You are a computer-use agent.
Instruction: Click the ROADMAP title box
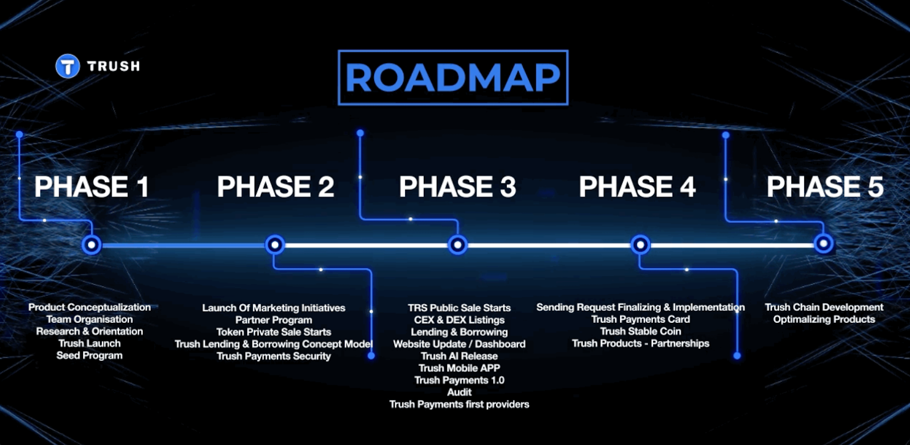pyautogui.click(x=453, y=77)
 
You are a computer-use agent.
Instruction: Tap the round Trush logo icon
pyautogui.click(x=68, y=66)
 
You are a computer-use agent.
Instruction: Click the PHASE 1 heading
pyautogui.click(x=92, y=186)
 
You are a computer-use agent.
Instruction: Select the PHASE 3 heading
pyautogui.click(x=457, y=186)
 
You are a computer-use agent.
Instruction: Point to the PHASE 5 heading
pyautogui.click(x=825, y=186)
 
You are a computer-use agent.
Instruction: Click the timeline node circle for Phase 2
pyautogui.click(x=275, y=245)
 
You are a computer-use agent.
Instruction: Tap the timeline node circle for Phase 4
pyautogui.click(x=640, y=245)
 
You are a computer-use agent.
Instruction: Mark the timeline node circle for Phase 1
pyautogui.click(x=92, y=245)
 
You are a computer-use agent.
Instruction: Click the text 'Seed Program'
pyautogui.click(x=89, y=355)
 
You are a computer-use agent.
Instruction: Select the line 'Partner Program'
pyautogui.click(x=274, y=320)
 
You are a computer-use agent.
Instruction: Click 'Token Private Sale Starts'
pyautogui.click(x=274, y=332)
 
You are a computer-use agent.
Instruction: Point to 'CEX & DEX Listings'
pyautogui.click(x=459, y=320)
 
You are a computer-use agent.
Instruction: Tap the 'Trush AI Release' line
pyautogui.click(x=459, y=356)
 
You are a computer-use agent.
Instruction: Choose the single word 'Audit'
pyautogui.click(x=459, y=392)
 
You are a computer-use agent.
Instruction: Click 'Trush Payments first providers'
pyautogui.click(x=459, y=404)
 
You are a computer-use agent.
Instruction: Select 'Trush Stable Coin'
pyautogui.click(x=640, y=331)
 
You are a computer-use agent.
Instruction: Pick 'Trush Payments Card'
pyautogui.click(x=640, y=319)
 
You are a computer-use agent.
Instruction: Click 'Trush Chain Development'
pyautogui.click(x=824, y=307)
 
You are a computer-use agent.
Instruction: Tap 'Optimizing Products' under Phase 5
pyautogui.click(x=824, y=319)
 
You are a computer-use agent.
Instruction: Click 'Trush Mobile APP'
pyautogui.click(x=459, y=368)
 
